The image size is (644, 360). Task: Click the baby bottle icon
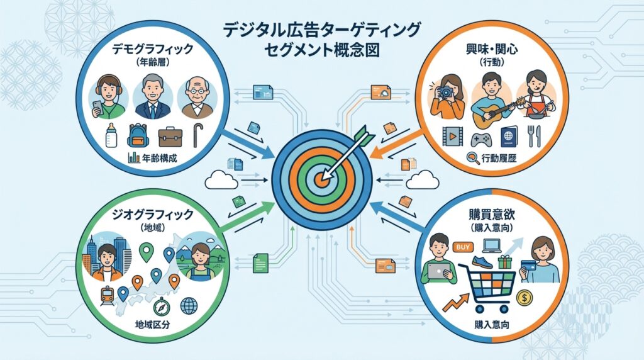pyautogui.click(x=112, y=133)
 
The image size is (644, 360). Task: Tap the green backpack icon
pyautogui.click(x=138, y=135)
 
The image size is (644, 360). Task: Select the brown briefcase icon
pyautogui.click(x=170, y=136)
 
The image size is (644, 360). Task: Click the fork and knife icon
pyautogui.click(x=534, y=136)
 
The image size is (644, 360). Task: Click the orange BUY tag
pyautogui.click(x=462, y=247)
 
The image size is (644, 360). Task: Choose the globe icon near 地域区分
pyautogui.click(x=188, y=306)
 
